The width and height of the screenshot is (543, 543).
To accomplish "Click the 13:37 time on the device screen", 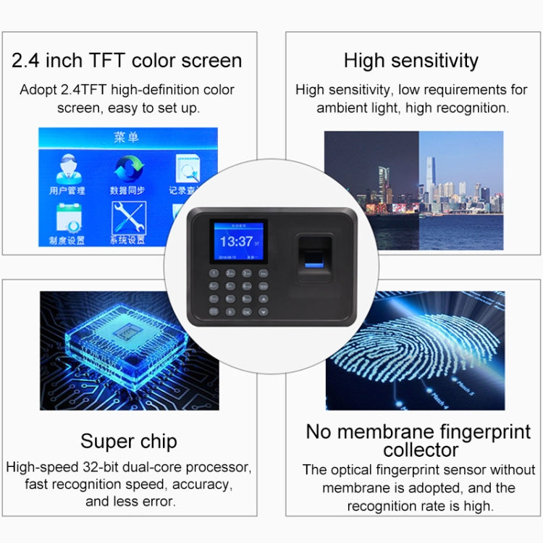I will [x=236, y=241].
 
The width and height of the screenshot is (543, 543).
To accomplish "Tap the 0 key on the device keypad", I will [x=230, y=311].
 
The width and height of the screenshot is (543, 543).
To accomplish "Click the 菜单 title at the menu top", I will [x=127, y=138].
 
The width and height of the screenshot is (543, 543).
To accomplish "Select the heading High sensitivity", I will [x=411, y=60].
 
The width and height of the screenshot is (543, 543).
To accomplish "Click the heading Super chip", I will [x=129, y=441].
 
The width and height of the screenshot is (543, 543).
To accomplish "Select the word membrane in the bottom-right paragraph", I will [x=355, y=488].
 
